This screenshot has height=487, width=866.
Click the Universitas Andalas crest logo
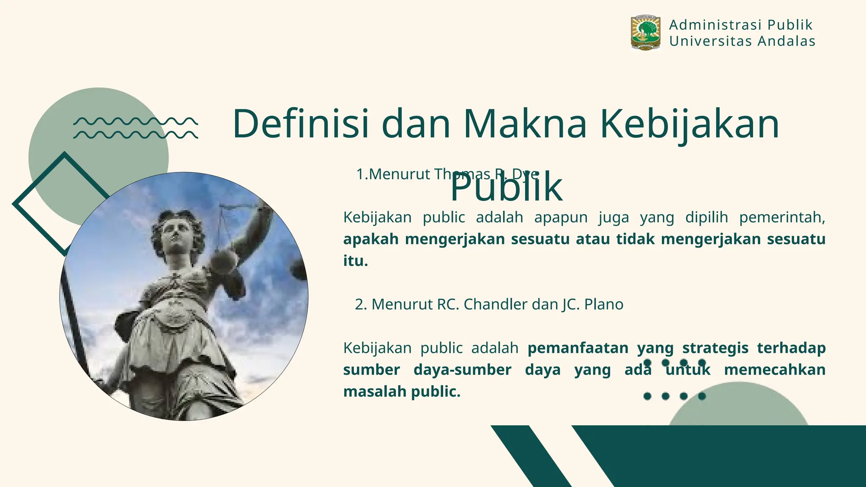pos(645,33)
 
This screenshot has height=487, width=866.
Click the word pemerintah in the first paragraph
pos(782,217)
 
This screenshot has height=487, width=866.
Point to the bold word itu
pos(355,261)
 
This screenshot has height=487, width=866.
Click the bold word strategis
pos(715,348)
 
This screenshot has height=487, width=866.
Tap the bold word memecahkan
pos(775,370)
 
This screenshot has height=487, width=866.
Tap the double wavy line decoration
pos(135,128)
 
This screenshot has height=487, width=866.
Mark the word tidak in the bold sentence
pos(636,239)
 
